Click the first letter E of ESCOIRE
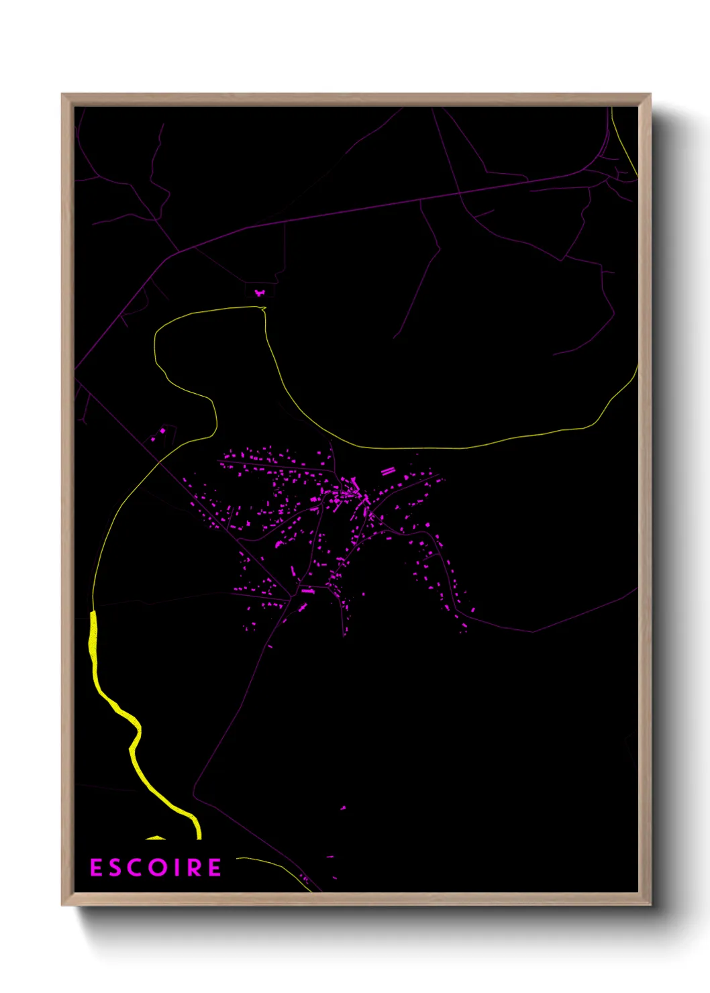coord(96,868)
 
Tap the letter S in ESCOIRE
coord(116,868)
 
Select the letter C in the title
coord(136,868)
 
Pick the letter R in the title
coord(194,868)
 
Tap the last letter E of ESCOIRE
coord(214,868)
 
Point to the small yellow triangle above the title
coord(156,837)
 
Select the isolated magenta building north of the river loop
coord(260,293)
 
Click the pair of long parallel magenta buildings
coord(387,471)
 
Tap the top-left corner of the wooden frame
coord(62,95)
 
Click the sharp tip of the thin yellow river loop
coord(264,309)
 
